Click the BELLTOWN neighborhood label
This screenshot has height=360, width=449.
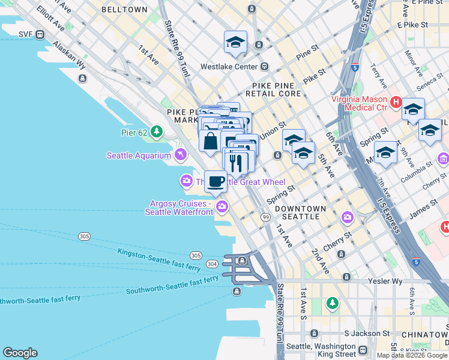[124, 10]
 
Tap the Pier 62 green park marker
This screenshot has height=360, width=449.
[157, 130]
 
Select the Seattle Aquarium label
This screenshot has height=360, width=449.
[139, 155]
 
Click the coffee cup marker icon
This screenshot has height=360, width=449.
[216, 181]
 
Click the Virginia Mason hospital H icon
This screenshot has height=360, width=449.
[395, 103]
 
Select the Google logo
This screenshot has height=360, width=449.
[20, 353]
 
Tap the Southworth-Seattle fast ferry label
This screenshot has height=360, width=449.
[172, 286]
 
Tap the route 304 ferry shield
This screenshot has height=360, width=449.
[211, 263]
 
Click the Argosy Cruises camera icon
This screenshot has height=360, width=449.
[222, 207]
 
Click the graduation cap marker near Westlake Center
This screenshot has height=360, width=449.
[236, 42]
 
